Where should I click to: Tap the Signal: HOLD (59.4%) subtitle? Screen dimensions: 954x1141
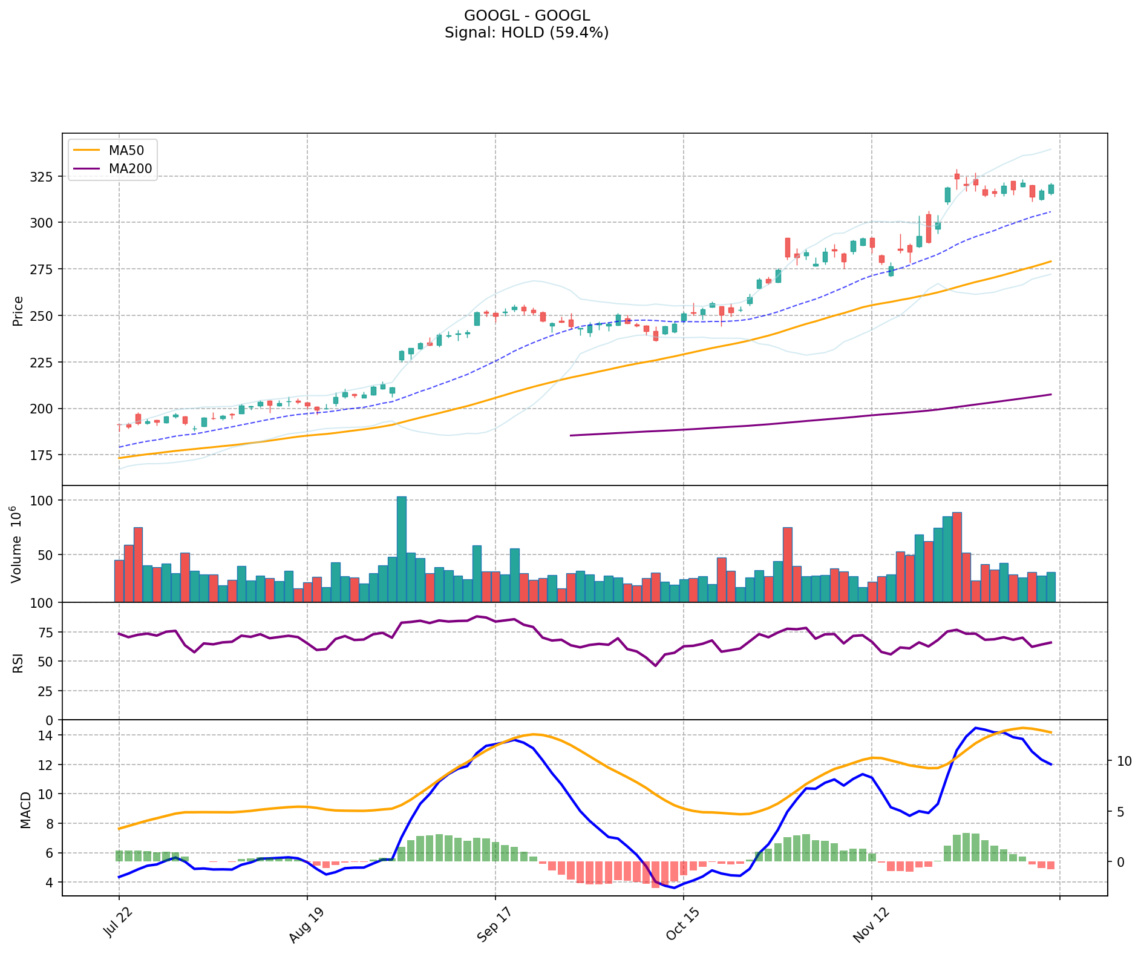tap(526, 33)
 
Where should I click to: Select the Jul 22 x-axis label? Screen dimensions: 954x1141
tap(119, 924)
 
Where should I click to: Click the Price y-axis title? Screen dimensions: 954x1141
tap(18, 311)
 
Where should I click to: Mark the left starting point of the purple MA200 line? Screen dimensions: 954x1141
tap(571, 435)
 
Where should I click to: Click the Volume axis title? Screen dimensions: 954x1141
tap(17, 544)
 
